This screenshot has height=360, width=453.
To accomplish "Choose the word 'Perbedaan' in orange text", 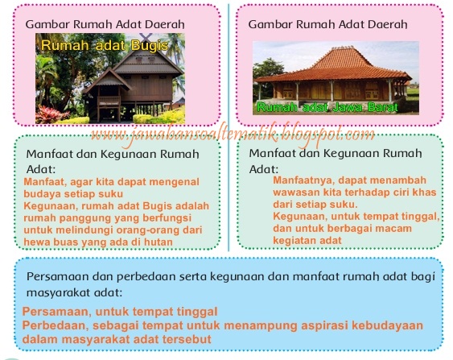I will pyautogui.click(x=52, y=325).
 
